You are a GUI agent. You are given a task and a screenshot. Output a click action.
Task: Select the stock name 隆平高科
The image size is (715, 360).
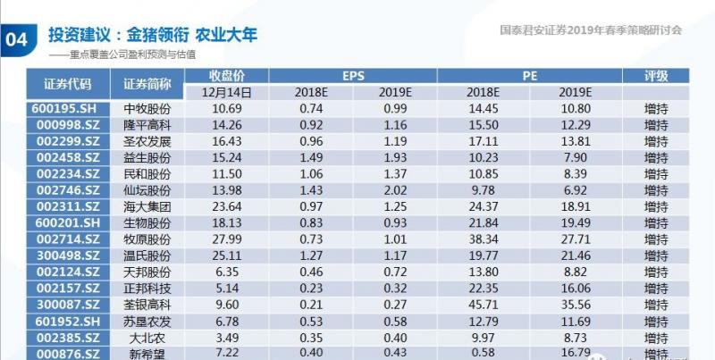coord(147,125)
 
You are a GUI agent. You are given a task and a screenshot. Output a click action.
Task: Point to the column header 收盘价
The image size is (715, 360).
coord(227,76)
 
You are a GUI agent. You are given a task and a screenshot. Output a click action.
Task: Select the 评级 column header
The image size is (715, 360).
coord(657,76)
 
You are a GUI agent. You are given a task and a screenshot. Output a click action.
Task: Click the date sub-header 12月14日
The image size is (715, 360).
coord(227,92)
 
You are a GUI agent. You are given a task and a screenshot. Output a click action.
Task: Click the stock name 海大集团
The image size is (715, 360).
coord(147,206)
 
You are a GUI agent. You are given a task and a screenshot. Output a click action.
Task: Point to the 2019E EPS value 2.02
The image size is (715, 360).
coord(393,190)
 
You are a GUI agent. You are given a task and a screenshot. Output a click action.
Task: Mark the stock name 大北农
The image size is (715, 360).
coord(147,338)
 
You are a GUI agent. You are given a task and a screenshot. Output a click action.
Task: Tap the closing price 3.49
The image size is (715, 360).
coord(226,338)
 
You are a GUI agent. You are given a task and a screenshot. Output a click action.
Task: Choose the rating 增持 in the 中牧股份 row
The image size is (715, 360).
coord(657,109)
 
